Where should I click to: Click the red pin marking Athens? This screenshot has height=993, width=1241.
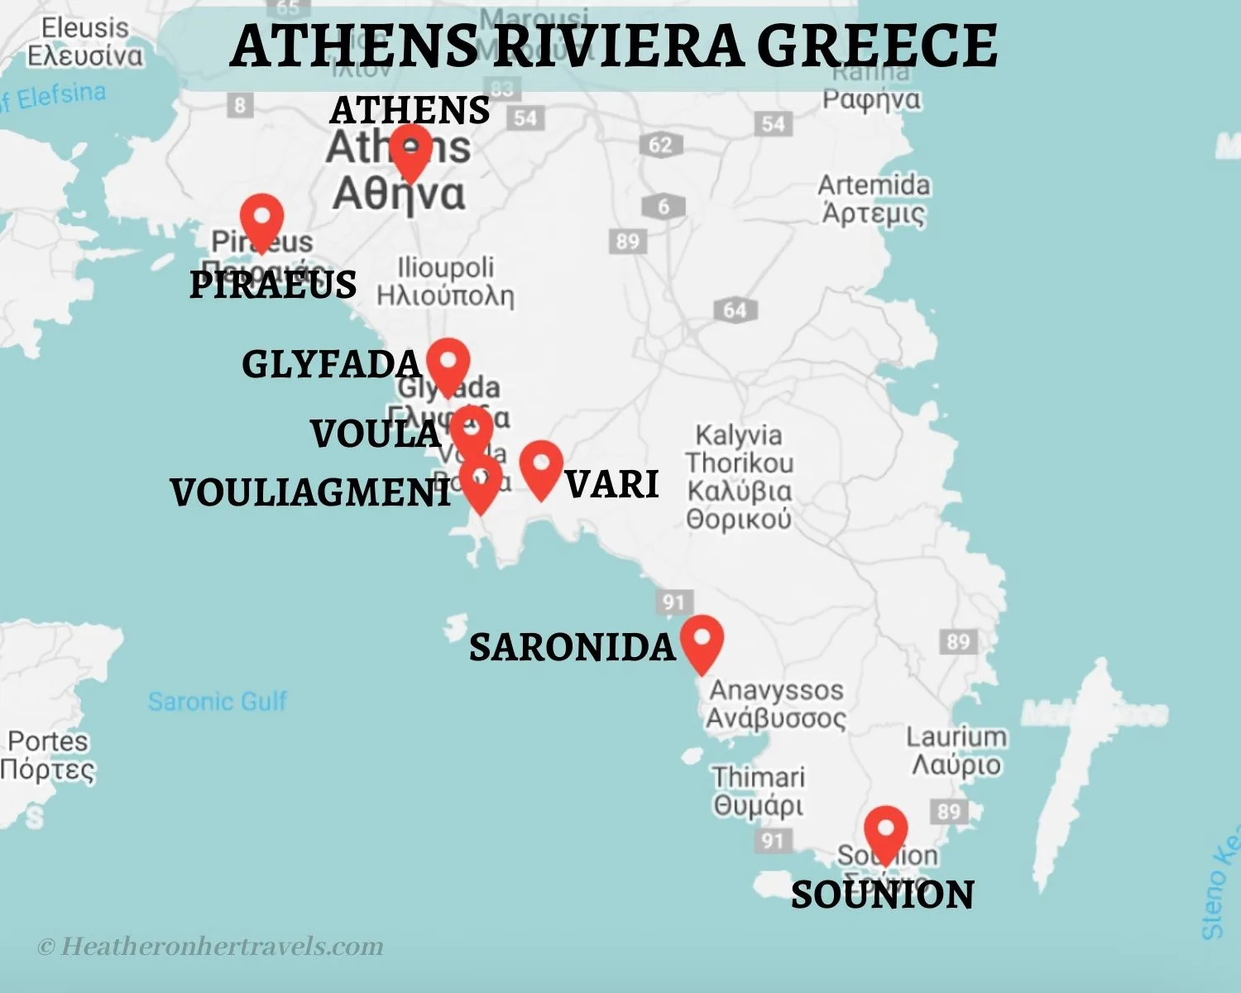click(410, 151)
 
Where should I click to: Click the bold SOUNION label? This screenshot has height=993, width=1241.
click(882, 895)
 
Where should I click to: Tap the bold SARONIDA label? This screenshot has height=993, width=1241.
click(573, 647)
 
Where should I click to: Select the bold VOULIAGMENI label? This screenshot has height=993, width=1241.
click(311, 493)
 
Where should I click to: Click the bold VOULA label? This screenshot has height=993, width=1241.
click(376, 434)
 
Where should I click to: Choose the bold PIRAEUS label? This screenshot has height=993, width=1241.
click(273, 285)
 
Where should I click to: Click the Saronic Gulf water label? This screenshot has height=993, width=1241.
click(217, 702)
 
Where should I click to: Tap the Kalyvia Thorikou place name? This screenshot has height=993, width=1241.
click(738, 477)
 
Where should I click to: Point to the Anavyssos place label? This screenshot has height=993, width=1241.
click(776, 703)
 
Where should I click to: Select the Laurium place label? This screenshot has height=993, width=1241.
click(956, 750)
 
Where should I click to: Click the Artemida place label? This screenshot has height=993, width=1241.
click(874, 199)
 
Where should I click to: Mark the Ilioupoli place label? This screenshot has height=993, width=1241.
click(445, 281)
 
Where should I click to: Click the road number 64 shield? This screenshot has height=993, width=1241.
click(735, 310)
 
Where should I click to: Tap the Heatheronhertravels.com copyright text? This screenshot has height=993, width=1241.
click(211, 946)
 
